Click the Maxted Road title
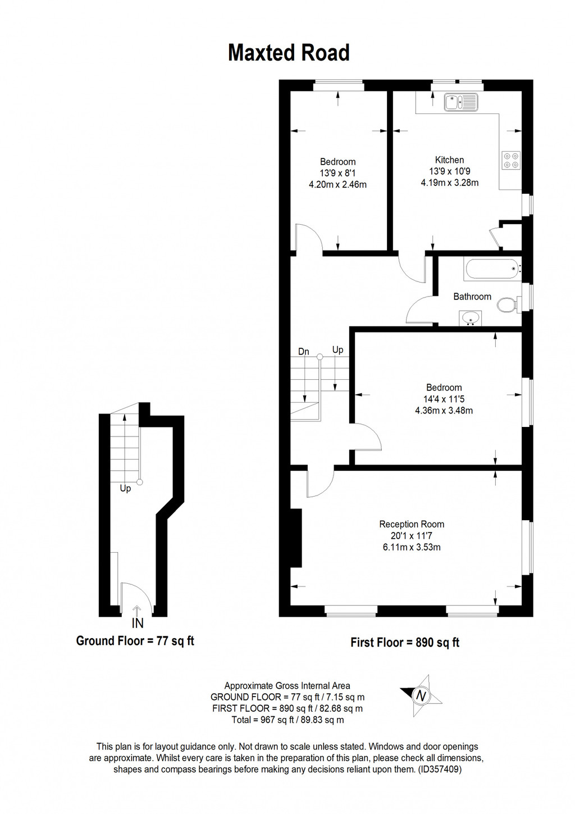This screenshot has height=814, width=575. pyautogui.click(x=289, y=53)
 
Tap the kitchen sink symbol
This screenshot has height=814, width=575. pyautogui.click(x=460, y=102)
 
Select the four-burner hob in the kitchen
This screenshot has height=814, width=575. pyautogui.click(x=510, y=160)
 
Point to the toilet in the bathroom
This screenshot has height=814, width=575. pyautogui.click(x=507, y=305)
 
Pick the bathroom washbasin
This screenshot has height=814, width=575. pyautogui.click(x=469, y=319)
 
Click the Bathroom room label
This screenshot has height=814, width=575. pyautogui.click(x=472, y=297)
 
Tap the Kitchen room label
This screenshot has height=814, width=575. pyautogui.click(x=449, y=160)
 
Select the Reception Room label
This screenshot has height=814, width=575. pyautogui.click(x=412, y=524)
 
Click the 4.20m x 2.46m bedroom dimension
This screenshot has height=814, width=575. pyautogui.click(x=337, y=184)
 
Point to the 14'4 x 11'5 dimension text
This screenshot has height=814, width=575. pyautogui.click(x=444, y=399)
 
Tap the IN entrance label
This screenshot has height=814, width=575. pyautogui.click(x=138, y=623)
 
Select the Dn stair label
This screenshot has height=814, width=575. pyautogui.click(x=303, y=352)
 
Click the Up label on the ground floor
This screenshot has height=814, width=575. pyautogui.click(x=125, y=489)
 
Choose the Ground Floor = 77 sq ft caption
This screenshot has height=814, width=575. pyautogui.click(x=135, y=641)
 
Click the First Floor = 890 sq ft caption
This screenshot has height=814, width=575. pyautogui.click(x=404, y=643)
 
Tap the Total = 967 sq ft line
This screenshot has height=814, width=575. pyautogui.click(x=287, y=720)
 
